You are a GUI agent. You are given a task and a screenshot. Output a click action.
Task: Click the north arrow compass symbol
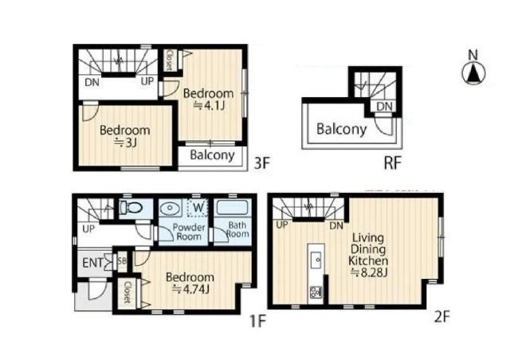point(473,72)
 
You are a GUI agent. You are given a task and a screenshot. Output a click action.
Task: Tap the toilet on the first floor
point(130,207)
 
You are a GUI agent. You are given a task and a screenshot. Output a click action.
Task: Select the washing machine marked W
point(198,208)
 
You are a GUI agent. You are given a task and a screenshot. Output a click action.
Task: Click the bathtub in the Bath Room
point(232,207)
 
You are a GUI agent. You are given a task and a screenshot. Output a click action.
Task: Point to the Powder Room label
point(189,232)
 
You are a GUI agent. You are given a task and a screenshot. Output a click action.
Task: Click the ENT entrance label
point(92,263)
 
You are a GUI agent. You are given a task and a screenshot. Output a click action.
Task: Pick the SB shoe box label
point(122,260)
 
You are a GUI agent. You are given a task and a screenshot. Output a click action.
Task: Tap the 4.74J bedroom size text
point(190,288)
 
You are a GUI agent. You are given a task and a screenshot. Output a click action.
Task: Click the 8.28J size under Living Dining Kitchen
point(369,272)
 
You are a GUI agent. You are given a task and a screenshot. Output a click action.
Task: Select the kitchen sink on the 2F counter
point(316,260)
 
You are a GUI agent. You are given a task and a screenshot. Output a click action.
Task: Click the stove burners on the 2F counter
point(316,292)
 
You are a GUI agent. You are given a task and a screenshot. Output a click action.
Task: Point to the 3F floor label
point(262,163)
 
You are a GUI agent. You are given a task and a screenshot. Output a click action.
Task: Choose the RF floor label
point(393,163)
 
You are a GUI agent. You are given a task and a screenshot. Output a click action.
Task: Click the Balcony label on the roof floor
point(342,129)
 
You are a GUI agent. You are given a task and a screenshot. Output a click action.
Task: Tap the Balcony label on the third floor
point(212,155)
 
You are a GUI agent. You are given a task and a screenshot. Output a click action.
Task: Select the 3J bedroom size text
point(125,142)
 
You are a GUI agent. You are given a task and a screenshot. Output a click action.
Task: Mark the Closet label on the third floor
point(169,60)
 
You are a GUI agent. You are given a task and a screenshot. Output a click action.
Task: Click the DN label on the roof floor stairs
point(384,107)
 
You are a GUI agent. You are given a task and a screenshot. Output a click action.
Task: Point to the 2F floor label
point(441,316)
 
